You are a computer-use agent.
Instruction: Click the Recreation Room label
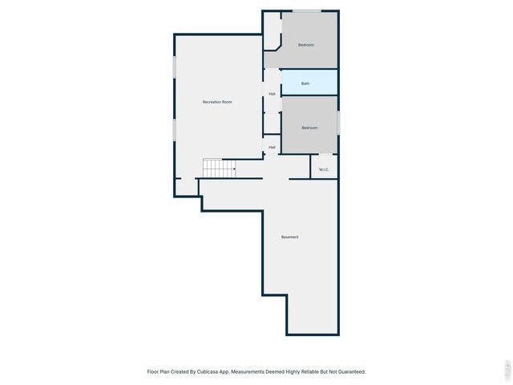(217, 102)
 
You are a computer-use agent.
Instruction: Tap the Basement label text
(289, 237)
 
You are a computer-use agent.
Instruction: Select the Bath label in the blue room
(305, 83)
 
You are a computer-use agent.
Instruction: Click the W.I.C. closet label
(324, 169)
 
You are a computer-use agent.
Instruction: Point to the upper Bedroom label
(306, 45)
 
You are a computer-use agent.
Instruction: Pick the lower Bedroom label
(309, 128)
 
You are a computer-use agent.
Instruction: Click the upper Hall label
(273, 94)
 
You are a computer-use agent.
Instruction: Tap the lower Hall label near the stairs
(273, 147)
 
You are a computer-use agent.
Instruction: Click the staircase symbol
(219, 168)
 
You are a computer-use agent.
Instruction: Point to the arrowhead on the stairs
(233, 168)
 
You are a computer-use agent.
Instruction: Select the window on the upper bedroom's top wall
(306, 10)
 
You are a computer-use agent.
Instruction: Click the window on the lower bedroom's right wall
(338, 123)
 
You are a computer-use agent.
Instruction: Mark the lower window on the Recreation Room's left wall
(175, 129)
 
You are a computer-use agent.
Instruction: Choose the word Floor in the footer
(152, 371)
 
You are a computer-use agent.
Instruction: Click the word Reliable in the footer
(302, 371)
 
